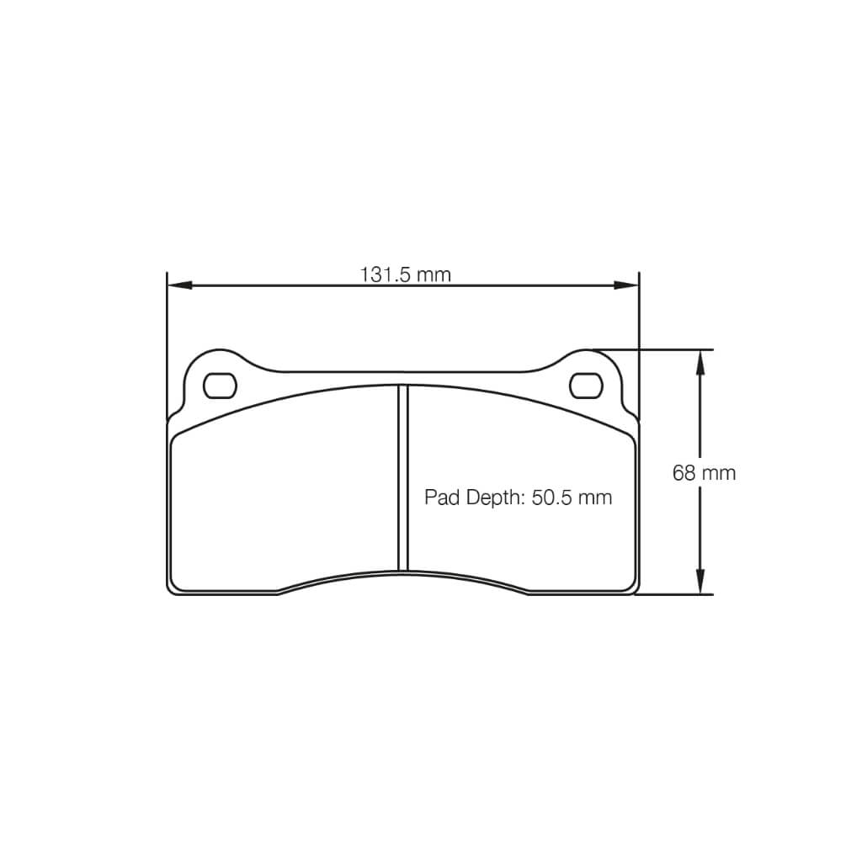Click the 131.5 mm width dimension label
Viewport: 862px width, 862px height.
click(x=405, y=274)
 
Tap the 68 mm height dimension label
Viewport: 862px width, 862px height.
click(x=704, y=473)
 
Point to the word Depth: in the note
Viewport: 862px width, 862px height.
click(x=492, y=498)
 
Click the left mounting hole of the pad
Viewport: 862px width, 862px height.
click(x=221, y=386)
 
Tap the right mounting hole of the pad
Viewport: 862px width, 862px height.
click(x=586, y=386)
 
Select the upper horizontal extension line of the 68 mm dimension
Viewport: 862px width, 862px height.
click(x=665, y=349)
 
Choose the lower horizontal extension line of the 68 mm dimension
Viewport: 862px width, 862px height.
click(x=673, y=594)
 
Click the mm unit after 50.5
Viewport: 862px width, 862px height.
click(x=595, y=498)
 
